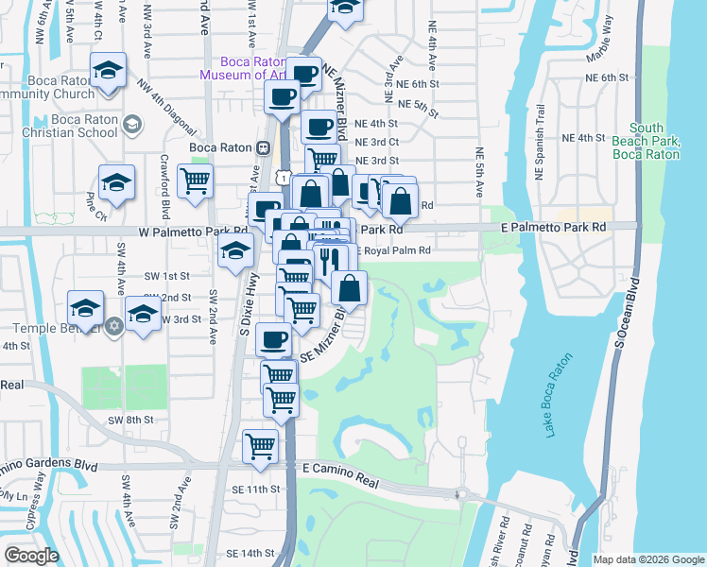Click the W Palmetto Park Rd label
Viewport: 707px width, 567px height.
click(193, 231)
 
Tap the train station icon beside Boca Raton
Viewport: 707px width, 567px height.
click(263, 147)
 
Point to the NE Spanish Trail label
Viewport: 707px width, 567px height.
click(541, 144)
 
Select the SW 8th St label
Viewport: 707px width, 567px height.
click(130, 420)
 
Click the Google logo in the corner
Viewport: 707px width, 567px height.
click(31, 556)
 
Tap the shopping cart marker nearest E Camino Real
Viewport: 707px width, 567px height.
click(260, 446)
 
